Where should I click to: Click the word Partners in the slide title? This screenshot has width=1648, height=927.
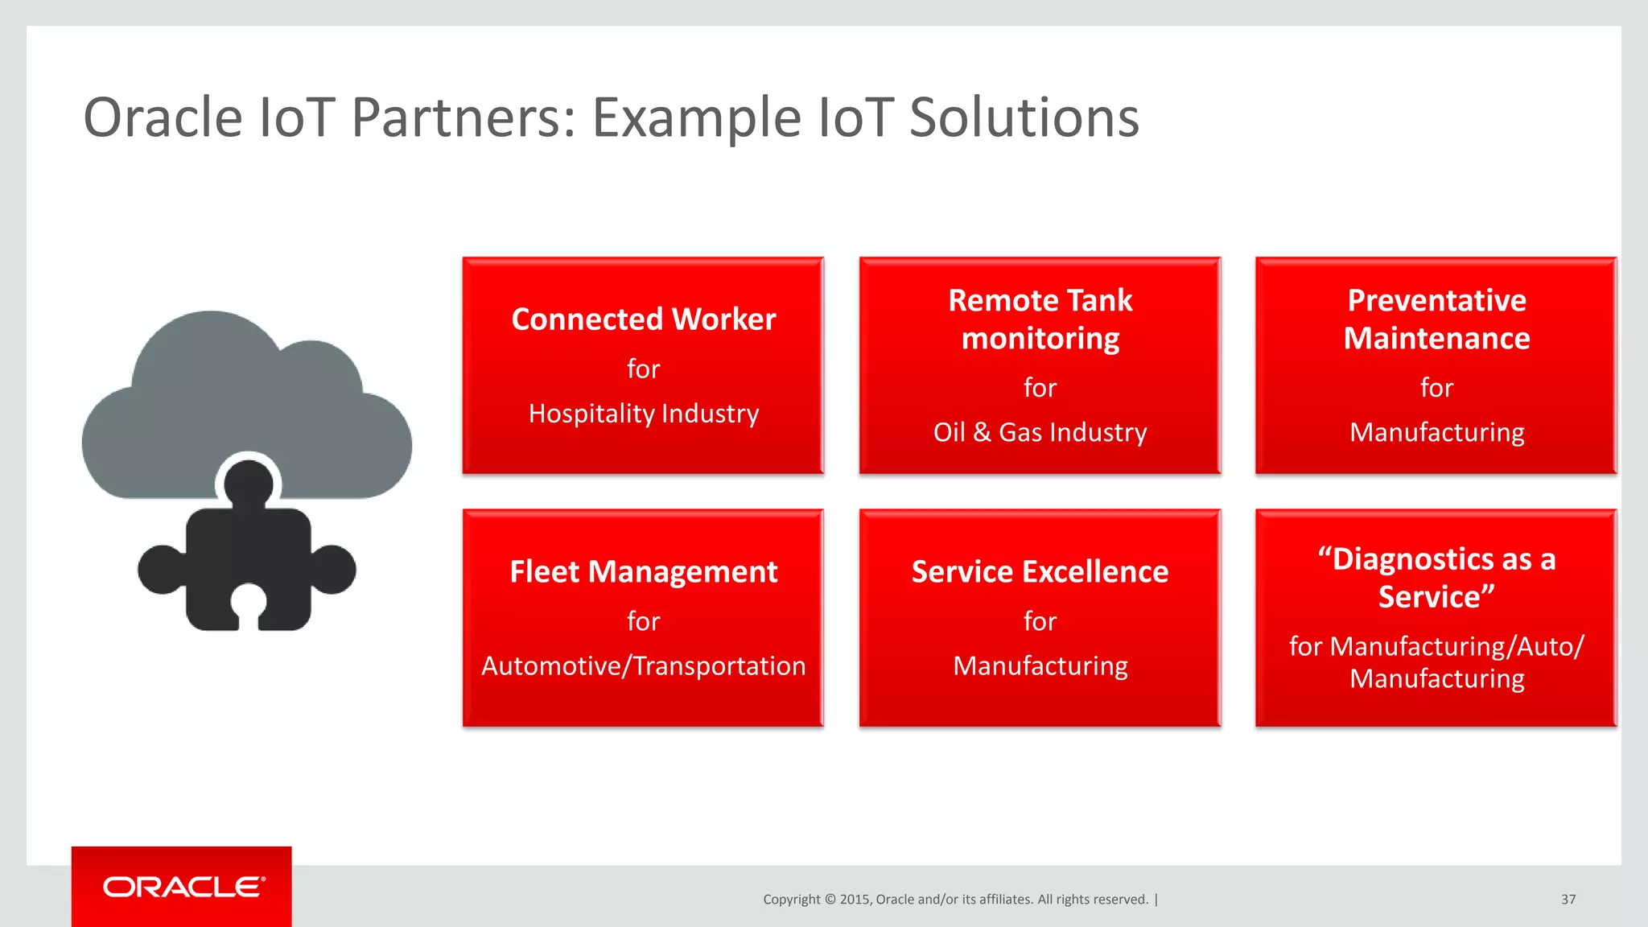463,117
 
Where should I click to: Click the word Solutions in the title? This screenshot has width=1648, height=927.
1024,117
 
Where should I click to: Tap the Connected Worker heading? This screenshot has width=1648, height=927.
643,319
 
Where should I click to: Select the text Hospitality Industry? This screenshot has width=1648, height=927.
643,414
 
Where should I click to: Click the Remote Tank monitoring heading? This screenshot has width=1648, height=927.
1040,319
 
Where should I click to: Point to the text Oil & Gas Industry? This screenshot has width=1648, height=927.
1040,433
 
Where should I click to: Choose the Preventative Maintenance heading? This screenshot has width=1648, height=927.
1436,319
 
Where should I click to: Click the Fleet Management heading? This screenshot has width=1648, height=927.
643,572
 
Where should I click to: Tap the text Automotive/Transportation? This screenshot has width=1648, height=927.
643,666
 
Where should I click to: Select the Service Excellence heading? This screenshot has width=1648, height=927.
1040,572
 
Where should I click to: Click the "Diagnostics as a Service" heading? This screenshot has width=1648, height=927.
1436,578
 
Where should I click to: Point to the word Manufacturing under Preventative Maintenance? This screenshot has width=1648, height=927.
1436,433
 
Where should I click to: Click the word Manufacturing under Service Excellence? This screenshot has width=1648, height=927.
1040,666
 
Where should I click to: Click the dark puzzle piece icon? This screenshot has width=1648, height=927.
247,563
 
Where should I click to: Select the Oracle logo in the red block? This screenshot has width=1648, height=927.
183,887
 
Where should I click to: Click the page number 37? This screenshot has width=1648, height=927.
1568,900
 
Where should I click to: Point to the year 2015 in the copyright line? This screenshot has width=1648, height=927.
854,900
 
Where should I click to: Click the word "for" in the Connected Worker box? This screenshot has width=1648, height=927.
643,369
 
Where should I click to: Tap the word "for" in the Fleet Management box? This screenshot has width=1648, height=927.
643,622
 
